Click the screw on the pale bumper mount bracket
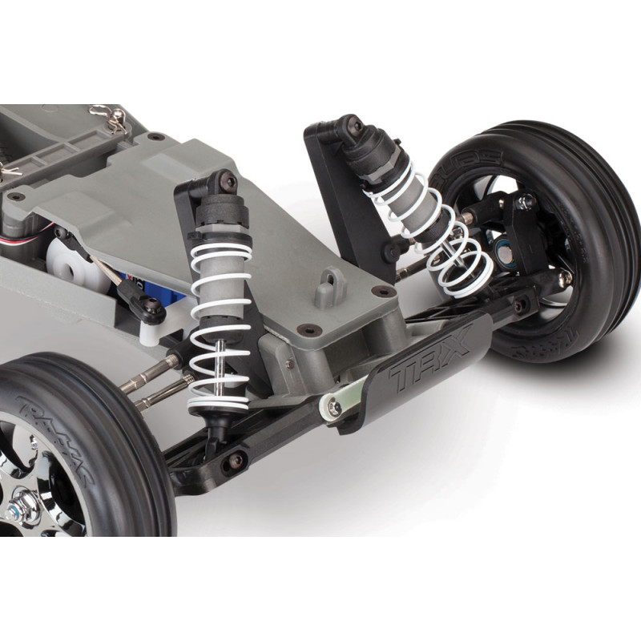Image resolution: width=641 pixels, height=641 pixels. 334,407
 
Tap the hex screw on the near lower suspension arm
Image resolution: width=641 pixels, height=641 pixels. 234,460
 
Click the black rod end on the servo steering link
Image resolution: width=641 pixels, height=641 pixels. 148,309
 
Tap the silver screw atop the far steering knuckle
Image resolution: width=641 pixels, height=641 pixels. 526,202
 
